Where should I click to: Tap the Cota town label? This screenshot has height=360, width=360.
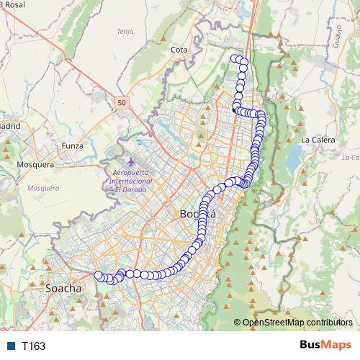click(x=179, y=50)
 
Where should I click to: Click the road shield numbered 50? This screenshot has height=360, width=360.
click(x=120, y=103)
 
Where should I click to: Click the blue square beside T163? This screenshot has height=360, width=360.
click(x=12, y=346)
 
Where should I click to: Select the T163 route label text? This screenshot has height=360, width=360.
click(x=33, y=346)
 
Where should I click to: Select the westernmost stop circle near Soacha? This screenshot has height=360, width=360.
click(x=99, y=274)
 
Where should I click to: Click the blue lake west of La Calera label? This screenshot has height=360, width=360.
click(x=294, y=156)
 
